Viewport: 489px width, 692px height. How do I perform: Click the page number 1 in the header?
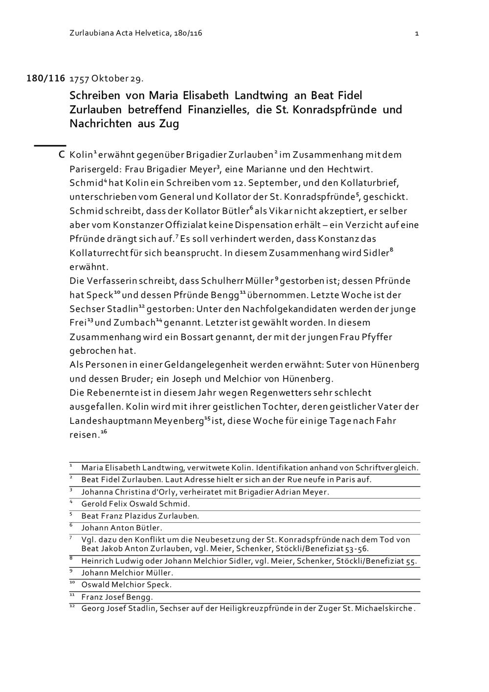(416, 33)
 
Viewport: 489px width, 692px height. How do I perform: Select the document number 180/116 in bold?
(45, 78)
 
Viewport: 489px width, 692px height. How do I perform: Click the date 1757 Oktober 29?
(107, 78)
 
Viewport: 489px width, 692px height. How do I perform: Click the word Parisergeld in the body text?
(95, 169)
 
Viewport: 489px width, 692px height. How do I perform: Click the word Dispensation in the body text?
(263, 225)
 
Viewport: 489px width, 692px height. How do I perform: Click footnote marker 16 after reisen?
(104, 432)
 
